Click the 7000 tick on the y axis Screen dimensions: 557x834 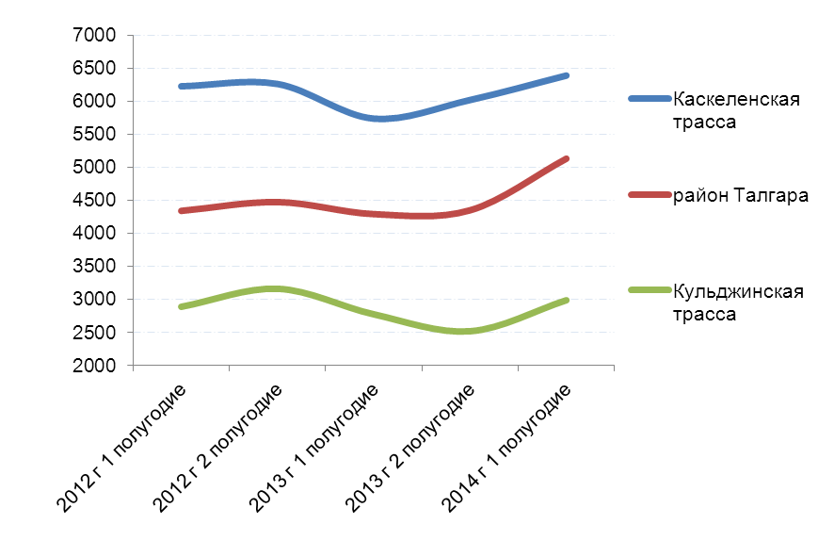(x=98, y=36)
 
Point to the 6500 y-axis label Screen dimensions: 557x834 (x=98, y=69)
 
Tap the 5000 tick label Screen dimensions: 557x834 (x=98, y=168)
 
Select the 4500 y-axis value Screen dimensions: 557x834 (x=98, y=201)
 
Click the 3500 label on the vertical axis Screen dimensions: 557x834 (x=98, y=267)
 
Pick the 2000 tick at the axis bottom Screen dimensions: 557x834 (x=98, y=366)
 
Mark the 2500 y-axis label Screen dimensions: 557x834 (x=98, y=333)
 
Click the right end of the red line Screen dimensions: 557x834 (x=566, y=159)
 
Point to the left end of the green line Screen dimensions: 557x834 (x=181, y=306)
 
